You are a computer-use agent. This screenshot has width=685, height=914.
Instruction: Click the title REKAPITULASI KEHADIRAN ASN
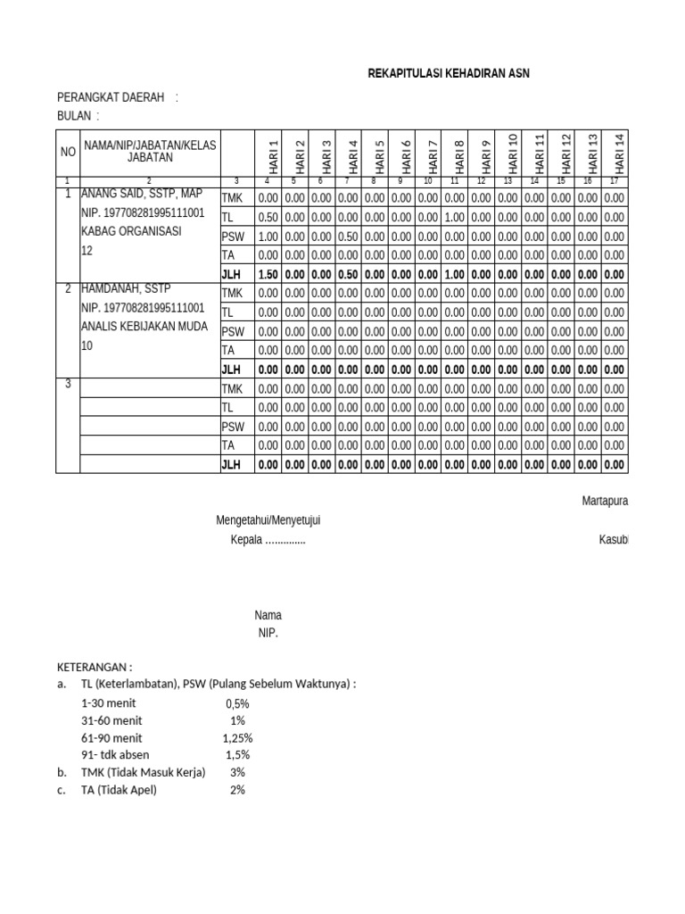(x=449, y=73)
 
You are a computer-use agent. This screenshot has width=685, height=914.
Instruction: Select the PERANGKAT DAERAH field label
(x=111, y=97)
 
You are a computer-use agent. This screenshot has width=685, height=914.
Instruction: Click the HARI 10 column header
(x=511, y=153)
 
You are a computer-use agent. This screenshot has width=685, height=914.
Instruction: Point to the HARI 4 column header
(x=352, y=156)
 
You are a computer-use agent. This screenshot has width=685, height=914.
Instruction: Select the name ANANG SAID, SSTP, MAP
(x=142, y=194)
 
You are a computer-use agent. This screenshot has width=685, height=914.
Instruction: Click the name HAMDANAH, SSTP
(x=126, y=288)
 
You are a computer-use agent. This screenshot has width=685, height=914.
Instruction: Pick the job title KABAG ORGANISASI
(x=131, y=231)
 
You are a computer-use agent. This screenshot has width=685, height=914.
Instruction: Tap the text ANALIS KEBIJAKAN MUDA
(x=143, y=327)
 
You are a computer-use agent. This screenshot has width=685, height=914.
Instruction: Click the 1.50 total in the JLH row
(x=268, y=274)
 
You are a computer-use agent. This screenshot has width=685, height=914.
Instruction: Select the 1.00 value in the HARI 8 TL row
(x=453, y=217)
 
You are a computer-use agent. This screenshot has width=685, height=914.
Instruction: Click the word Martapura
(x=605, y=501)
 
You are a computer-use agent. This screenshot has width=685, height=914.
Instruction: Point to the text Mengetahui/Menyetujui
(x=268, y=519)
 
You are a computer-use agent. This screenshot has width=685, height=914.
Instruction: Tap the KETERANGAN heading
(x=95, y=667)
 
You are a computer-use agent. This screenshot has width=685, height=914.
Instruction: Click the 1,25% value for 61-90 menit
(x=237, y=738)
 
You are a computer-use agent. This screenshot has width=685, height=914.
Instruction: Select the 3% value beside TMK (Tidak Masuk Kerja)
(x=237, y=772)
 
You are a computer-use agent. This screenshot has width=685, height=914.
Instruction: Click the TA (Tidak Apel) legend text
(x=119, y=790)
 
